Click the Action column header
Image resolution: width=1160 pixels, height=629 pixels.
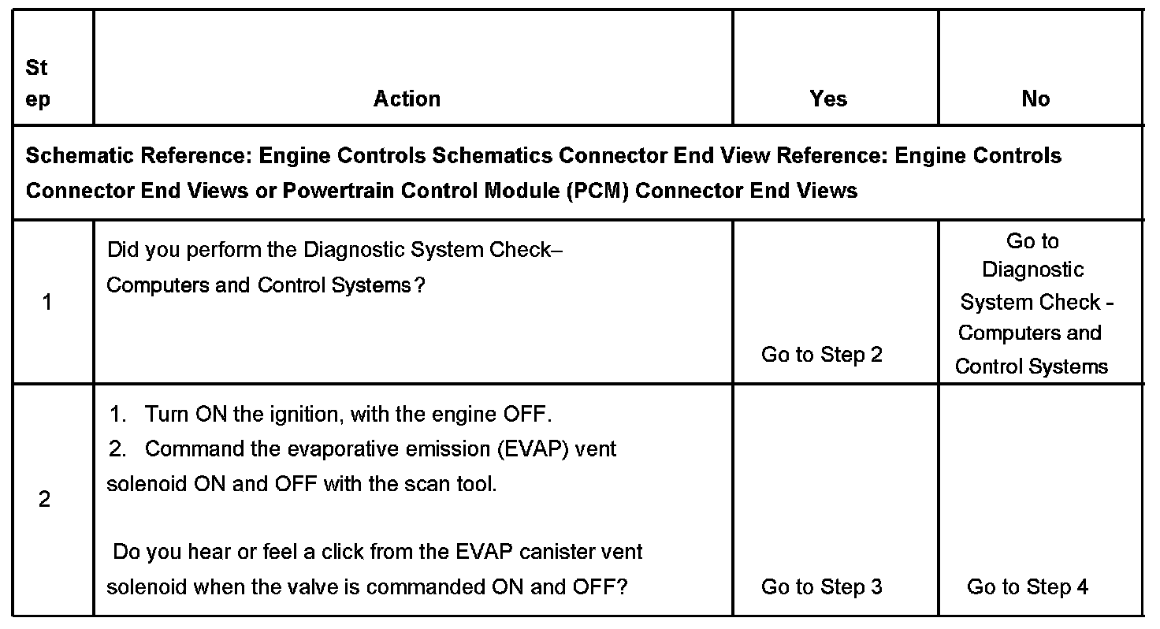pos(407,99)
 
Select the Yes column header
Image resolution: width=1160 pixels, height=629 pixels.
pos(828,99)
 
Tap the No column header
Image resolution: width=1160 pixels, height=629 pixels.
pos(1035,99)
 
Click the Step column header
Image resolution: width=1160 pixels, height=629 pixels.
pos(37,84)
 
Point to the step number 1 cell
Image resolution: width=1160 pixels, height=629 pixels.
pos(47,302)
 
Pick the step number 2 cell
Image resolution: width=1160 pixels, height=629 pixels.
pos(45,500)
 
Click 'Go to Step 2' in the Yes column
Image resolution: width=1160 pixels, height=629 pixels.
pos(821,355)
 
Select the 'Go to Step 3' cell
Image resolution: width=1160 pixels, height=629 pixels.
pos(821,587)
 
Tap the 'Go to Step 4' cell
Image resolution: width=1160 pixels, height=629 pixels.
pos(1028,587)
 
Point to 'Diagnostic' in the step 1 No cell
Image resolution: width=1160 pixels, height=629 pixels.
pos(1032,270)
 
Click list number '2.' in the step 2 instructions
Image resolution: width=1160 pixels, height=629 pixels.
pos(118,449)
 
